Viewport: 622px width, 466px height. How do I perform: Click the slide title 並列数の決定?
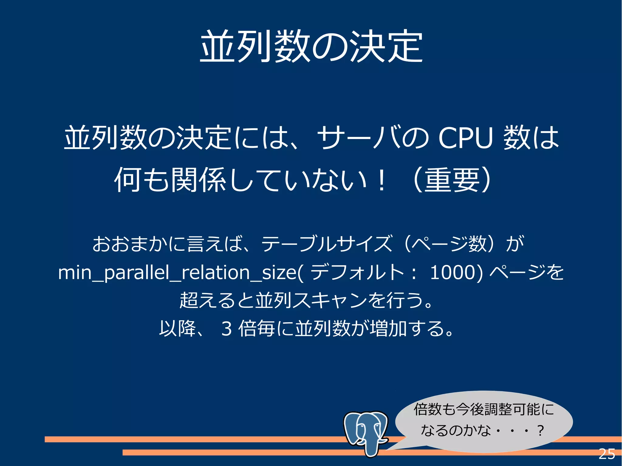pos(311,46)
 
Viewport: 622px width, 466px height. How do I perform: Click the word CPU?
pos(465,138)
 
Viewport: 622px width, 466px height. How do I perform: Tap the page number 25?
pos(607,454)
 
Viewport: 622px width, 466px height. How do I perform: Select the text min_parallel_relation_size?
pos(177,273)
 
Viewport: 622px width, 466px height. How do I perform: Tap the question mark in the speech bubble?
pos(540,430)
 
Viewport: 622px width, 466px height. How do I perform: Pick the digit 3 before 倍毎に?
pos(227,328)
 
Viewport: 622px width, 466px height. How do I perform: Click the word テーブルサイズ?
pos(326,243)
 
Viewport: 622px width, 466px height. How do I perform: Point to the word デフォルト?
pos(357,272)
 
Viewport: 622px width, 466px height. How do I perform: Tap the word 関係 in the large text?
pos(198,180)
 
